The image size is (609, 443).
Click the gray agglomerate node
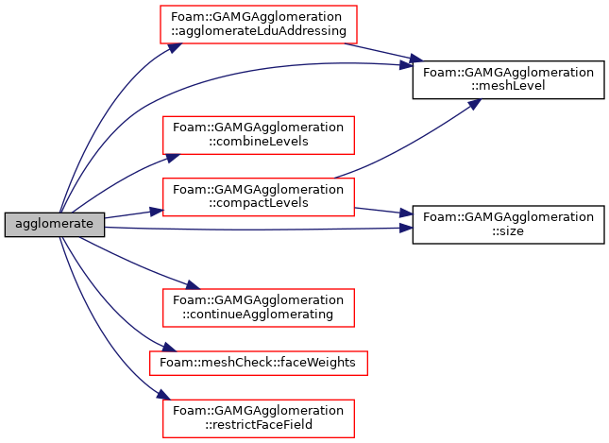(55, 225)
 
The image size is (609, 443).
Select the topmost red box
(259, 25)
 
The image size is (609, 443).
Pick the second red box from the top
(259, 135)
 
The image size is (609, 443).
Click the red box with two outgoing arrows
(259, 197)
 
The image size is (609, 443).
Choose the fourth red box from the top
(259, 308)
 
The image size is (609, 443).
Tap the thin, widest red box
(259, 363)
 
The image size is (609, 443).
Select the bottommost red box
(259, 418)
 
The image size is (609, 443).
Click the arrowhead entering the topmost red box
(174, 46)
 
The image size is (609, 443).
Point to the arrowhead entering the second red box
(173, 157)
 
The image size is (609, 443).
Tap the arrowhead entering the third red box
(157, 212)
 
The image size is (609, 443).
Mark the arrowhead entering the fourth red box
(193, 285)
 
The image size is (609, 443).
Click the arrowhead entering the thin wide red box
(169, 349)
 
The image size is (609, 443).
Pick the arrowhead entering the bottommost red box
(163, 395)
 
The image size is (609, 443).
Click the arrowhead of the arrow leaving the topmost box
(415, 60)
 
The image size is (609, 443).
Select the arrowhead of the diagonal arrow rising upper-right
(475, 103)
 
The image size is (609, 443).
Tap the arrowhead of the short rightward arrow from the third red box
(407, 213)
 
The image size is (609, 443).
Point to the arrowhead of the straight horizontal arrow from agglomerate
(407, 228)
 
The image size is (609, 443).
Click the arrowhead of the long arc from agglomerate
(406, 65)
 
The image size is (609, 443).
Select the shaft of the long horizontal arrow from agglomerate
(255, 229)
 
